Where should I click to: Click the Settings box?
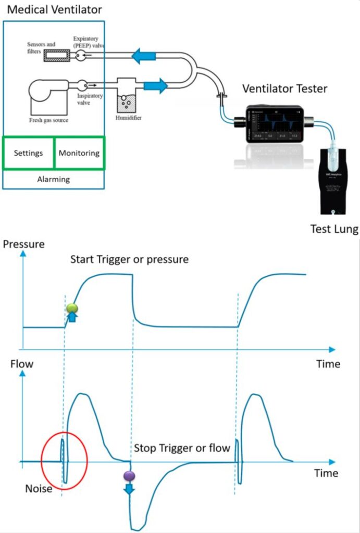pyautogui.click(x=28, y=154)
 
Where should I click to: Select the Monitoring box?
pyautogui.click(x=79, y=154)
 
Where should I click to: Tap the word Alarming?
pyautogui.click(x=54, y=179)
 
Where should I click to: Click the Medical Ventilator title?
pyautogui.click(x=54, y=9)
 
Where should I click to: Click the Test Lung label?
pyautogui.click(x=334, y=229)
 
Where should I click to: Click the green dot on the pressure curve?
pyautogui.click(x=72, y=308)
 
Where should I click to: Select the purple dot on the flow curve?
pyautogui.click(x=129, y=475)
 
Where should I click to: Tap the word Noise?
pyautogui.click(x=39, y=489)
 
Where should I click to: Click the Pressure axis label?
pyautogui.click(x=24, y=244)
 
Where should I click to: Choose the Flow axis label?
pyautogui.click(x=21, y=364)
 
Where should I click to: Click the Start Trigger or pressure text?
pyautogui.click(x=129, y=259)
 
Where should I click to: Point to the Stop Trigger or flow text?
pyautogui.click(x=182, y=448)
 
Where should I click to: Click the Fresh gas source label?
pyautogui.click(x=48, y=121)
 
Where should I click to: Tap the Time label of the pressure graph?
pyautogui.click(x=328, y=364)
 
